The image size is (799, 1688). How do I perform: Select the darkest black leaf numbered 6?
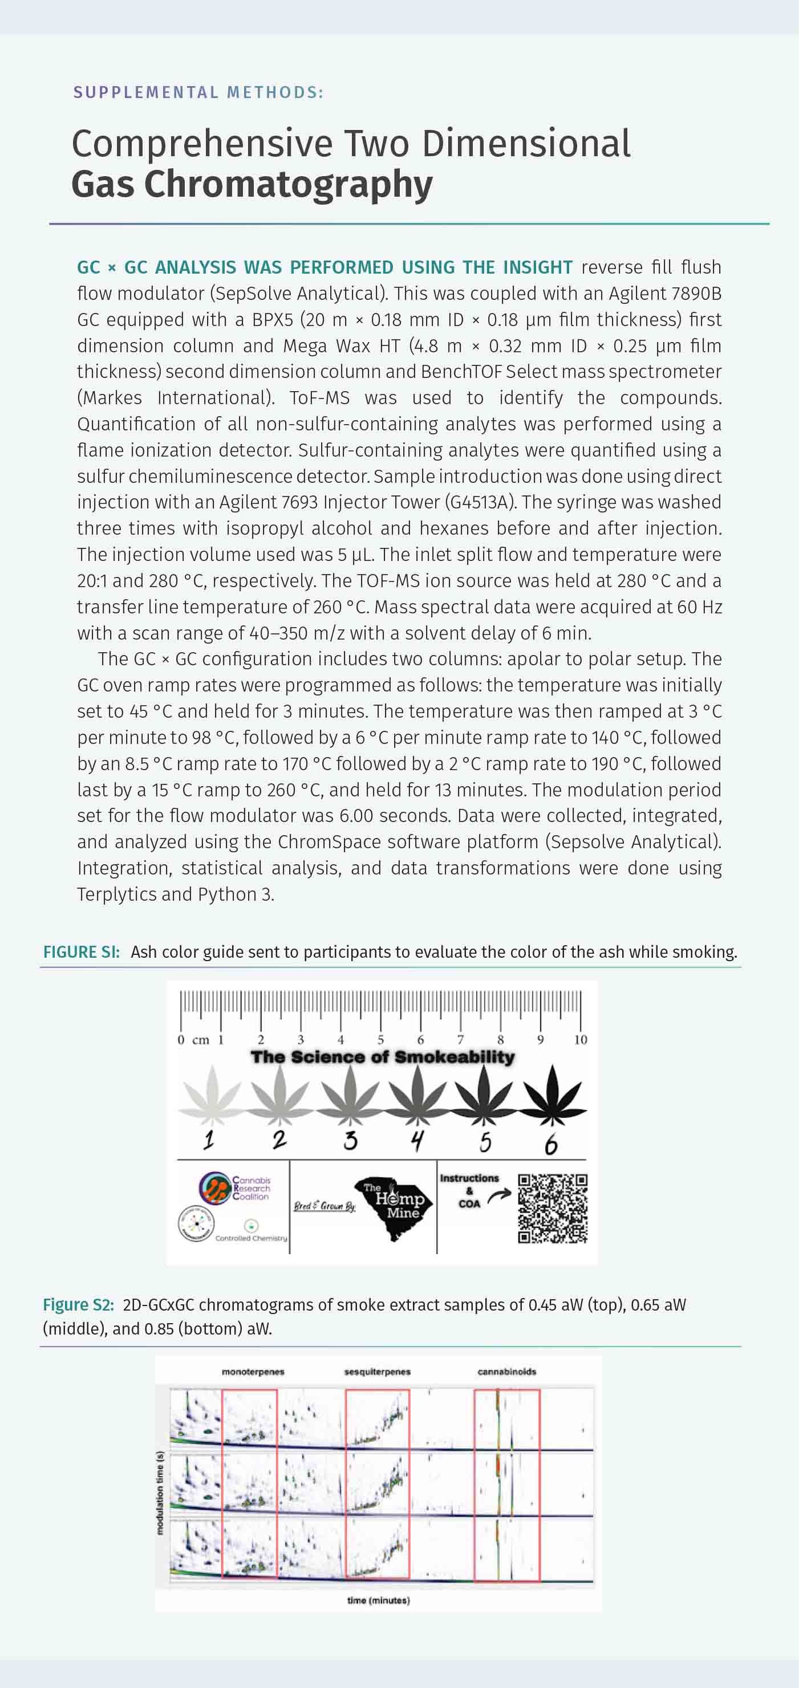coord(553,1093)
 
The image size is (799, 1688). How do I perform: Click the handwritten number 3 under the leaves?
coord(351,1141)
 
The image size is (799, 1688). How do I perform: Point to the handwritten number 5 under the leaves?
coord(485,1141)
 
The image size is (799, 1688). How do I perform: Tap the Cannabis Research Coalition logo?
coord(234,1187)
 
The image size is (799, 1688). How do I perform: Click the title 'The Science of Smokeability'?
coord(383,1057)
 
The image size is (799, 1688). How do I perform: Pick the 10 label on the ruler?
coord(580,1040)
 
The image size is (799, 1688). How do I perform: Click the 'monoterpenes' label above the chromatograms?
coord(253,1372)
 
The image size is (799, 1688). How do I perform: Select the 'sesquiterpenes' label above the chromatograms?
coord(378,1372)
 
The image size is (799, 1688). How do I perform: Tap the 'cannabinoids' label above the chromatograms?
coord(506,1372)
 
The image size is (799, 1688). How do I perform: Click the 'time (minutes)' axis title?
coord(378,1600)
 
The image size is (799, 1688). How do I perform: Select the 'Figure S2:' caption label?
coord(78,1305)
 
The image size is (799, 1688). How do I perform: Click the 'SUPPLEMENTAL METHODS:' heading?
coord(198,92)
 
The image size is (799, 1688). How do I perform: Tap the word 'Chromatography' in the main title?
coord(289,185)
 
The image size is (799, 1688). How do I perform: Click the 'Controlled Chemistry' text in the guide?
coord(251,1238)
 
